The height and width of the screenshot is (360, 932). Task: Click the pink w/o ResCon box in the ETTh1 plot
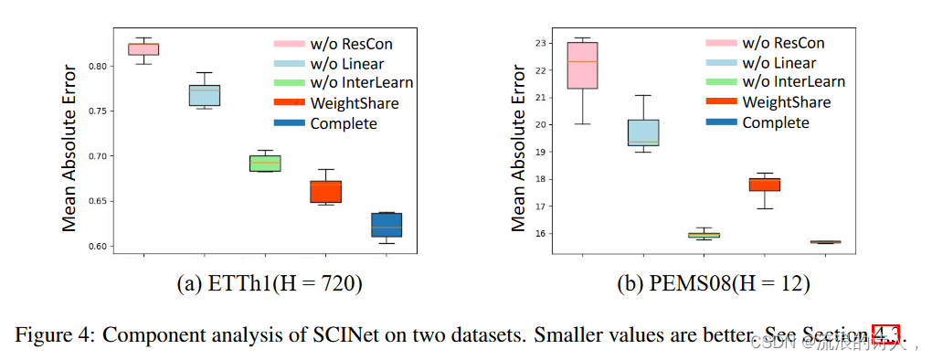(144, 48)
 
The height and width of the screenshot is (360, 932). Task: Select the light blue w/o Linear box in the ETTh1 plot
(204, 95)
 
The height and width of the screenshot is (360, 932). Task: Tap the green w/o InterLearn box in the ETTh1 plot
(265, 164)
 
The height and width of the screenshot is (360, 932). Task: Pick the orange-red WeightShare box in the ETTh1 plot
(325, 191)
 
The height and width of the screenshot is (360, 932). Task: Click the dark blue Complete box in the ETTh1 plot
(387, 225)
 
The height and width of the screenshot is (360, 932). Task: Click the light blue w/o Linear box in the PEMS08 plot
(643, 132)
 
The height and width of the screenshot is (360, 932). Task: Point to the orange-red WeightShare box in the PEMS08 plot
(765, 184)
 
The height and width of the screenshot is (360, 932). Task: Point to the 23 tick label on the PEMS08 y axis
(540, 43)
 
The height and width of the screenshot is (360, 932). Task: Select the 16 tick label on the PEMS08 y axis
(540, 233)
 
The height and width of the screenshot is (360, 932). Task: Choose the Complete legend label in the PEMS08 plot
(776, 122)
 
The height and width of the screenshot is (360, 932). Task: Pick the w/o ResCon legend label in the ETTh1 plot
(351, 43)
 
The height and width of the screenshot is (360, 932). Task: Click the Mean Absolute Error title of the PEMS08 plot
(518, 147)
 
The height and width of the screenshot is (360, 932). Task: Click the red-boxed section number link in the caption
(885, 334)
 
